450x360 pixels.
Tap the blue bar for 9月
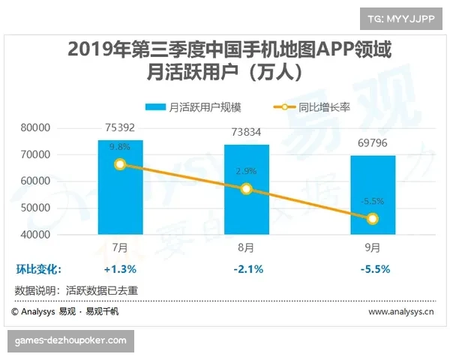tap(373, 202)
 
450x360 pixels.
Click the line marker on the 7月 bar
tap(120, 164)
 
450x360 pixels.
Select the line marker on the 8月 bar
tap(247, 189)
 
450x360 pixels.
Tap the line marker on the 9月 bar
tap(373, 219)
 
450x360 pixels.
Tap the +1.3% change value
tap(120, 268)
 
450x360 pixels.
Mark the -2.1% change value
tap(247, 268)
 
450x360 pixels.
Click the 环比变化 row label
tap(38, 268)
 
